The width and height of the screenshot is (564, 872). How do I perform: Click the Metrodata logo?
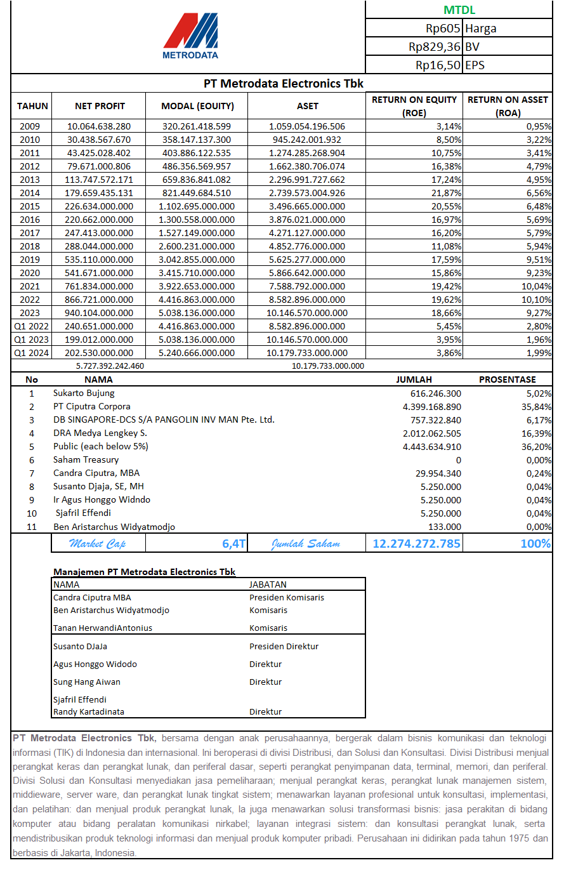click(190, 36)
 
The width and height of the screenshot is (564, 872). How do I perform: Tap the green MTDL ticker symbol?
click(459, 10)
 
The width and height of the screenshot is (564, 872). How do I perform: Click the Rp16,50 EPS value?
click(438, 65)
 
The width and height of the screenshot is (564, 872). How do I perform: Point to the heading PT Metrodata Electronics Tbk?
click(283, 84)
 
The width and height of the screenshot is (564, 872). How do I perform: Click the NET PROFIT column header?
click(100, 106)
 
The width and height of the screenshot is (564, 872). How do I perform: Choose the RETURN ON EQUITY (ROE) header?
click(414, 106)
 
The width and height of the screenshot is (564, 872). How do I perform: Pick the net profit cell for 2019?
click(99, 260)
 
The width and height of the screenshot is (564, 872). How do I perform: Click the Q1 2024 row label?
click(31, 353)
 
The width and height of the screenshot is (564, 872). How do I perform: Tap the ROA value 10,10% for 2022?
click(536, 300)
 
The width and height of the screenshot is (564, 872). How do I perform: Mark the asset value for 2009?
click(307, 126)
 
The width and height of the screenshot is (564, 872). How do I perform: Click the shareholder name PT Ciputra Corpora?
click(92, 406)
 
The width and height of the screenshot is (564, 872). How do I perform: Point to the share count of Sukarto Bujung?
click(436, 393)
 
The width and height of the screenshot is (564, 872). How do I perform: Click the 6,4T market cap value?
click(233, 543)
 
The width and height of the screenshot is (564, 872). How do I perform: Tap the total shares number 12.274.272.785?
click(416, 543)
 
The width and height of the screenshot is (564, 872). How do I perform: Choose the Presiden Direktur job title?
click(284, 646)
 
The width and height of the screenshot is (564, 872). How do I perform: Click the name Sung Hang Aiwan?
click(87, 682)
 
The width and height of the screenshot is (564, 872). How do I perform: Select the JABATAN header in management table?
click(268, 585)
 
